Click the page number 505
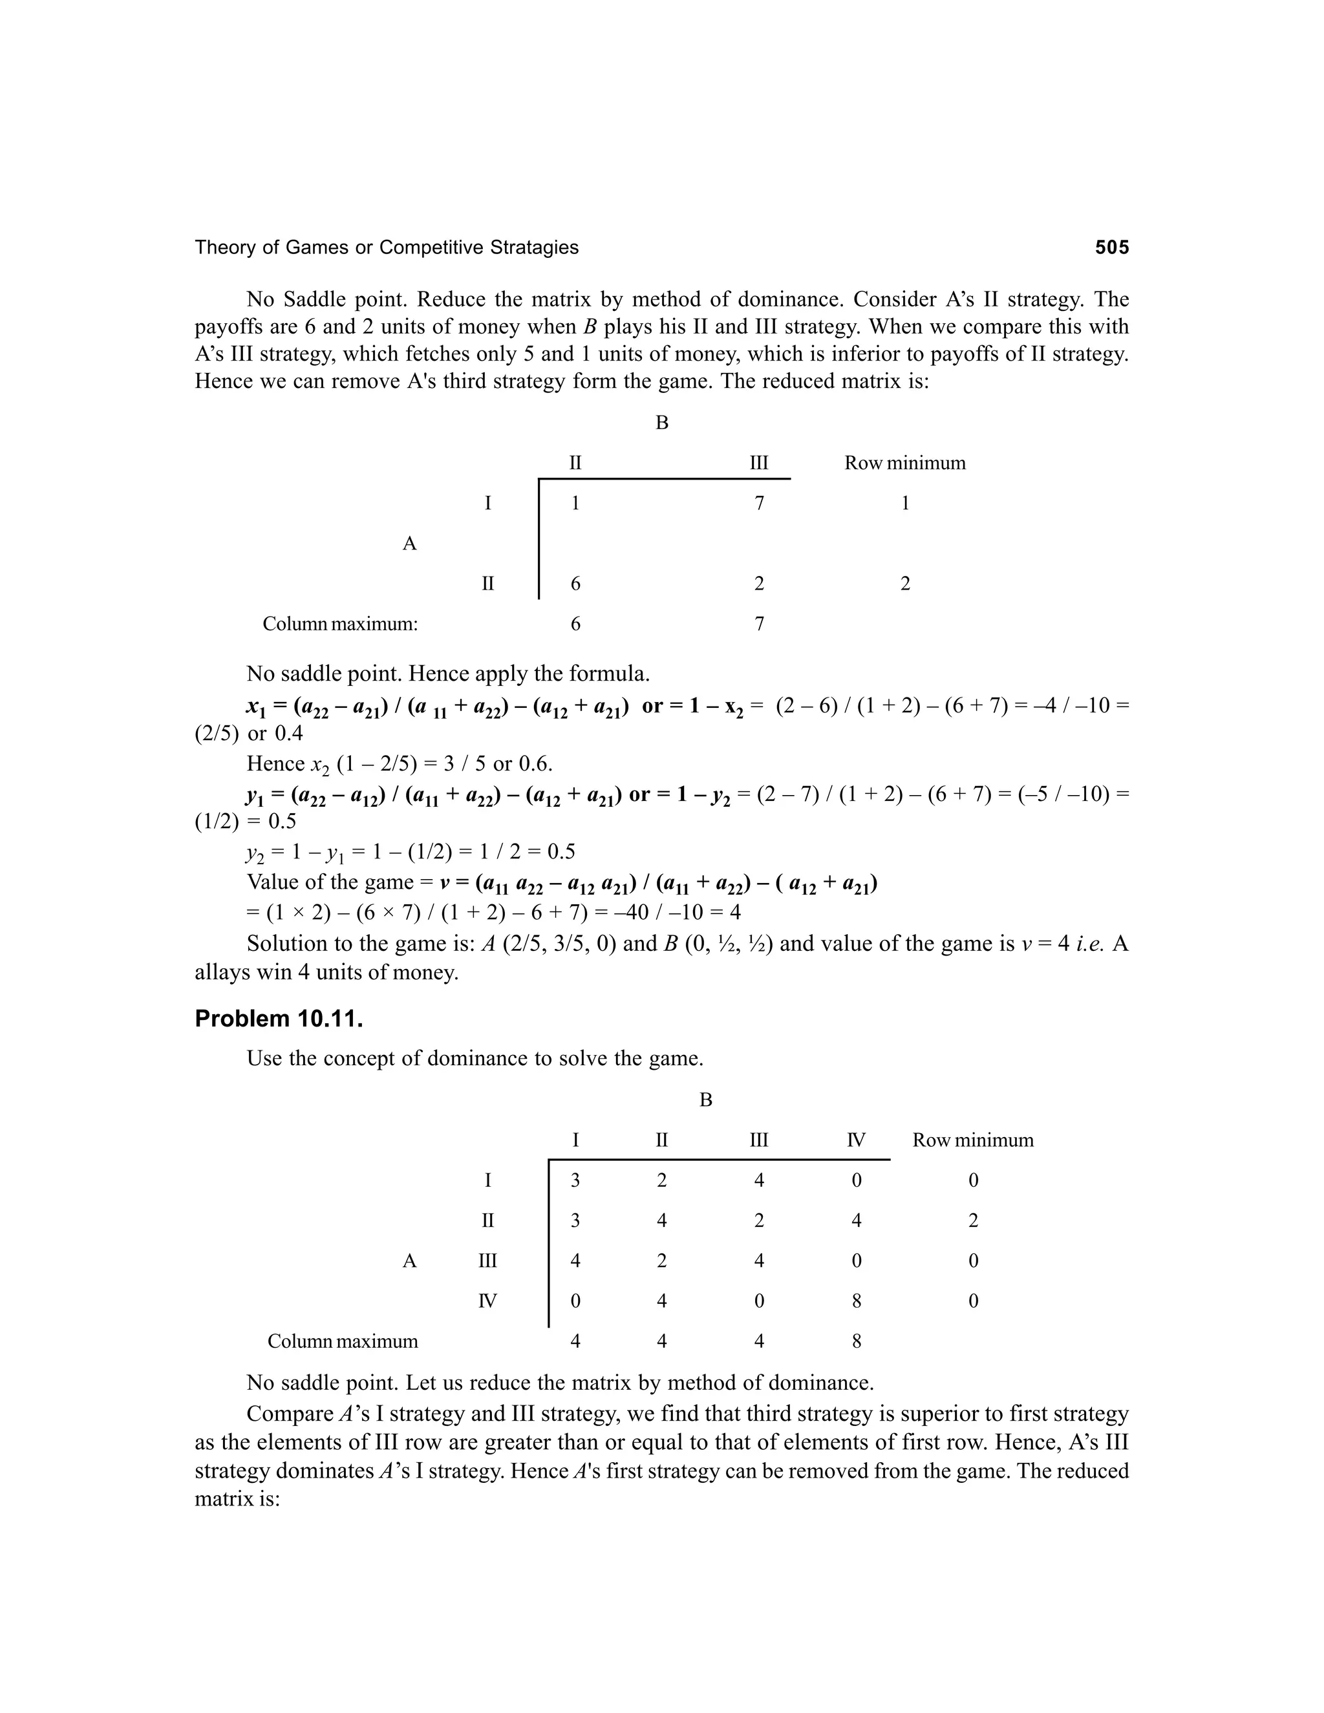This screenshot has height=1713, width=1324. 1111,248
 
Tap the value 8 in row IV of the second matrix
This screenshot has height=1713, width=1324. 857,1301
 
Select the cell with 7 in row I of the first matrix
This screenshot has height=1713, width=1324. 758,504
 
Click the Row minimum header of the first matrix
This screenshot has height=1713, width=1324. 904,463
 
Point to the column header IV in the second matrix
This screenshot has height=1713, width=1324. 856,1140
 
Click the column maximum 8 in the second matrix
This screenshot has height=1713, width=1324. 857,1341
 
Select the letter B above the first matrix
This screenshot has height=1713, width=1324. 661,423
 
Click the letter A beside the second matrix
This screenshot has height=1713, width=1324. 409,1261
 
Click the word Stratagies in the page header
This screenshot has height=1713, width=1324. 534,248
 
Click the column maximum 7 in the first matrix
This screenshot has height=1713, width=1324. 758,624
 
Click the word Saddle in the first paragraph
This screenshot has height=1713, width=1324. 316,300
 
